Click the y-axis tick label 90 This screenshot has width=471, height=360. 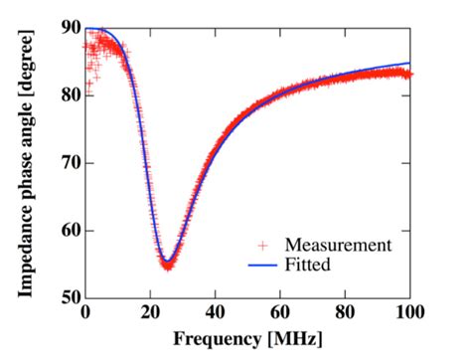tap(66, 28)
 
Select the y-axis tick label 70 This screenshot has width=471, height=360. tap(66, 163)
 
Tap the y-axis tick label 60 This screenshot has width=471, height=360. tap(66, 231)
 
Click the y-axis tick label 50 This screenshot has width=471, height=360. tap(66, 297)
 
